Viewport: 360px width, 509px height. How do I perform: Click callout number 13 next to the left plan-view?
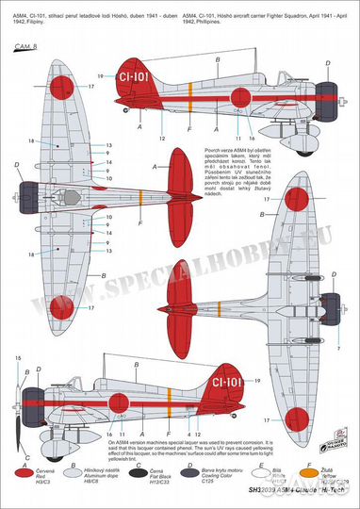pos(108,145)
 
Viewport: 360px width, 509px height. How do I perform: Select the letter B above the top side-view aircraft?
pos(219,59)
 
